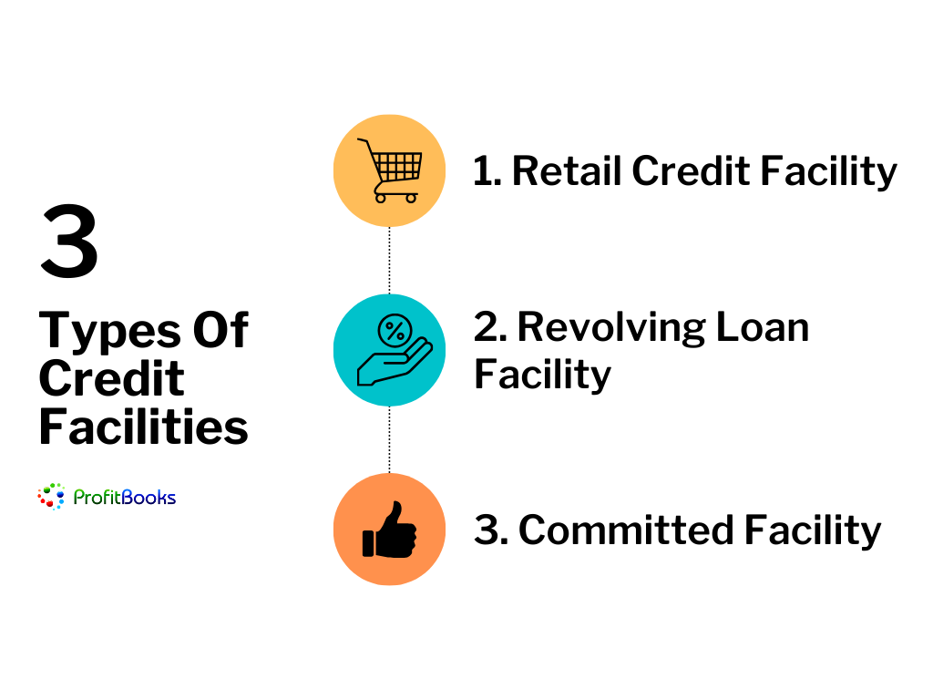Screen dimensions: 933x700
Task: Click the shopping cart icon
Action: coord(391,170)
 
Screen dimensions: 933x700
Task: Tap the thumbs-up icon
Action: coord(390,530)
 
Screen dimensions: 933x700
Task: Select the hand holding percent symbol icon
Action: coord(395,349)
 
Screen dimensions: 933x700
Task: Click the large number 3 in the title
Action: coord(69,241)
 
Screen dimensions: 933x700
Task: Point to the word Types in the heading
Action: coord(110,331)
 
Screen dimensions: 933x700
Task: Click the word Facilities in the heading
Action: coord(143,427)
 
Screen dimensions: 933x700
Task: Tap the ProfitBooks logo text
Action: coord(124,497)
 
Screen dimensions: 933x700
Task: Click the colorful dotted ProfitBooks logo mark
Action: coord(51,497)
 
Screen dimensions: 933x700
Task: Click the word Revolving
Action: coord(611,328)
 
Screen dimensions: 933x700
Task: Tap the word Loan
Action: coord(763,327)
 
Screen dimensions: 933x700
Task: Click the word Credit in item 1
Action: coord(691,170)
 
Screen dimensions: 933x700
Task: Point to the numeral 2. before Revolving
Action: coord(490,327)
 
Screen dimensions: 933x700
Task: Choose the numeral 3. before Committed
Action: coord(491,530)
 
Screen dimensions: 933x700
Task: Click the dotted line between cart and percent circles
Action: coord(390,260)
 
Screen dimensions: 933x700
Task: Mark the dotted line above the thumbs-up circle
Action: coord(390,439)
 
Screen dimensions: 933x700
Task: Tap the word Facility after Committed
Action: coord(813,531)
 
